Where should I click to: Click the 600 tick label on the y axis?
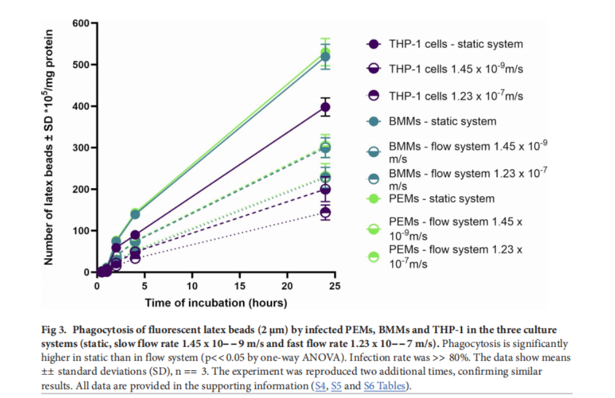[x=81, y=23]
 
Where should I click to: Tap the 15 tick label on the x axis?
[x=240, y=286]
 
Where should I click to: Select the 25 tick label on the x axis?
[x=335, y=286]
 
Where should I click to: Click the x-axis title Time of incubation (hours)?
[x=216, y=302]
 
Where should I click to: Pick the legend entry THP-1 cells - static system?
[x=455, y=44]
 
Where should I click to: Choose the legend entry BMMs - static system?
[x=443, y=121]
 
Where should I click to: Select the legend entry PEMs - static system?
[x=441, y=198]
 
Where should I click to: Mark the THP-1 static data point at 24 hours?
[x=325, y=107]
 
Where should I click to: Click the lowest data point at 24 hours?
[x=325, y=213]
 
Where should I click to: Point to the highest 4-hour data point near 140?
[x=135, y=213]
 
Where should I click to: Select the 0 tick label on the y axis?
[x=87, y=272]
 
